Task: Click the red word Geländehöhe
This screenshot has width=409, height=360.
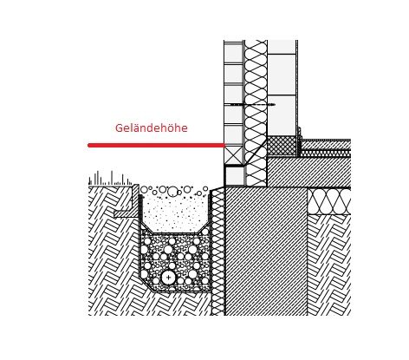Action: pyautogui.click(x=152, y=128)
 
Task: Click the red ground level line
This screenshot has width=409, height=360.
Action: pyautogui.click(x=156, y=145)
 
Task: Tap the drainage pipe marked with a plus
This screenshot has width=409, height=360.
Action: pyautogui.click(x=168, y=278)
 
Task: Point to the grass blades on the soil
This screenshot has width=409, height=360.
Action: pyautogui.click(x=110, y=179)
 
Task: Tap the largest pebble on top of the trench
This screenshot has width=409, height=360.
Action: pyautogui.click(x=172, y=191)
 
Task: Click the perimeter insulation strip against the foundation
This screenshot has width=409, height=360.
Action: pyautogui.click(x=217, y=252)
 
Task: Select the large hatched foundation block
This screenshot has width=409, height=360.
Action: pyautogui.click(x=266, y=251)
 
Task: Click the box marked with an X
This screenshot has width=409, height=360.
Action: pyautogui.click(x=233, y=155)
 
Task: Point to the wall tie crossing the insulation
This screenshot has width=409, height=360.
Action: pyautogui.click(x=250, y=104)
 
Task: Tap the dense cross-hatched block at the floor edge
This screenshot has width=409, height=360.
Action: pyautogui.click(x=282, y=147)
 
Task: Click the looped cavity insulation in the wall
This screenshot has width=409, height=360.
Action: pyautogui.click(x=256, y=113)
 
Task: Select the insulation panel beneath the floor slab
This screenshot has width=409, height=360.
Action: pyautogui.click(x=329, y=201)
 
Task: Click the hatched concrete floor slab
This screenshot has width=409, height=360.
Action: pyautogui.click(x=309, y=172)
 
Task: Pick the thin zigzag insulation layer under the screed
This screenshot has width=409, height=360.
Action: pyautogui.click(x=325, y=153)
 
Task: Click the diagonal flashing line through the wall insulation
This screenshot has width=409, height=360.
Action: pyautogui.click(x=256, y=151)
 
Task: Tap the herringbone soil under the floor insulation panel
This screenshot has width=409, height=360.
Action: pyautogui.click(x=329, y=265)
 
